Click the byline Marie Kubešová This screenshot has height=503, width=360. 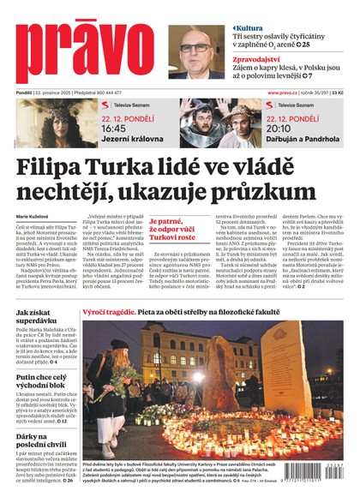point(33,216)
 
